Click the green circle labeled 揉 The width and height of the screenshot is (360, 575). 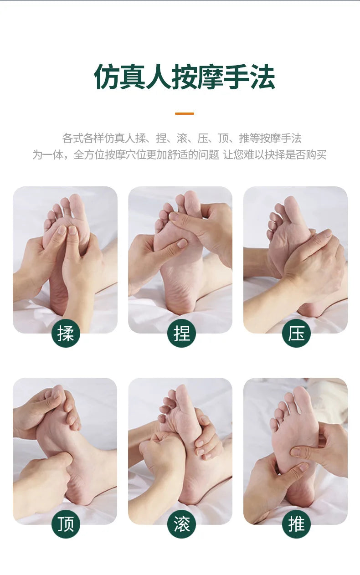point(66,333)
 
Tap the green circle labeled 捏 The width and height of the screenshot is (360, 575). point(181,333)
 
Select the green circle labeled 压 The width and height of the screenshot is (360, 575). point(296,333)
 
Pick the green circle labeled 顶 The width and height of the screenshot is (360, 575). point(66,524)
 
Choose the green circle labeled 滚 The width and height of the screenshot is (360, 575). point(181,524)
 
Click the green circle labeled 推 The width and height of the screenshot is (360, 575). point(296,524)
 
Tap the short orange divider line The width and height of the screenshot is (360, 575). point(185,113)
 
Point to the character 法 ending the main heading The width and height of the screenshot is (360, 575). point(262,77)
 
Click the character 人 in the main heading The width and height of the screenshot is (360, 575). point(159,77)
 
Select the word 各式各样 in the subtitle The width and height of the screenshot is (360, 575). point(83,138)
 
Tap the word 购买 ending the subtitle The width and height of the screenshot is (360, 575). point(316,155)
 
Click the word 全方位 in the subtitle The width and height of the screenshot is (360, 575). point(89,155)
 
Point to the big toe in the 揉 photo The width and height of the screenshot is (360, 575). point(77,205)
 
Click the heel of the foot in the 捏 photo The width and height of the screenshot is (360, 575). point(180,303)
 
